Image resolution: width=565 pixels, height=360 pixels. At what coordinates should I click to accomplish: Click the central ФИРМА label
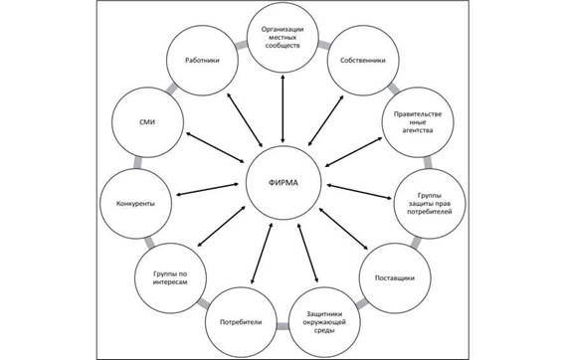point(283,183)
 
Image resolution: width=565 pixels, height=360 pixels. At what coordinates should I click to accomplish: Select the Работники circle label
point(202,61)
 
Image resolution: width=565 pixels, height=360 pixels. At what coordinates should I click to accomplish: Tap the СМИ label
point(147,122)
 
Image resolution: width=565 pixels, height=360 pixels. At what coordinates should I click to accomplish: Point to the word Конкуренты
point(135,204)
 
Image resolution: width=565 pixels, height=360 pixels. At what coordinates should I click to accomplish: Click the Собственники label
point(363,61)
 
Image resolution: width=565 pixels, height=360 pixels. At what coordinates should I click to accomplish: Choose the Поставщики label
point(395,277)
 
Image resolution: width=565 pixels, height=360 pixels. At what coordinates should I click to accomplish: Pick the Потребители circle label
point(241,322)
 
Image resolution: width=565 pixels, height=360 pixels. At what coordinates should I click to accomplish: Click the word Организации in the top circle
point(282,29)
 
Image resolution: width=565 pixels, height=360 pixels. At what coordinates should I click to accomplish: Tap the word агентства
point(418,130)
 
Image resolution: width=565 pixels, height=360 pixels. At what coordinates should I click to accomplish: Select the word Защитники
point(324,313)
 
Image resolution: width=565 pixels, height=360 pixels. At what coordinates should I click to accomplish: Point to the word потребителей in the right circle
point(430,212)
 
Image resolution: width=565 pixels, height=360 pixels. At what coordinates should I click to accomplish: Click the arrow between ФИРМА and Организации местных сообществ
point(282,108)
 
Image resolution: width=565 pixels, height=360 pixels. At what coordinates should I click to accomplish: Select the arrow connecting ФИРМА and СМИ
point(215,148)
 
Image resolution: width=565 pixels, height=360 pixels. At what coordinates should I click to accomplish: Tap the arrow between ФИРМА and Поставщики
point(343,229)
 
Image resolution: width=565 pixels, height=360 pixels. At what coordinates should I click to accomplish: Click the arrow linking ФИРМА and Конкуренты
point(208,190)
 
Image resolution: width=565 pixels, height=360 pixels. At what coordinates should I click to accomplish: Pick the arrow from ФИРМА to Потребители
point(262,253)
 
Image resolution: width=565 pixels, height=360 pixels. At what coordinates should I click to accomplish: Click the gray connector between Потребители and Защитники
point(282,326)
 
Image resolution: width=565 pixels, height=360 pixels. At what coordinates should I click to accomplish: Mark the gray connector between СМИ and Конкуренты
point(137,163)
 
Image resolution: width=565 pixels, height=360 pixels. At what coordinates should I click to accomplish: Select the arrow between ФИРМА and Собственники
point(326,120)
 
